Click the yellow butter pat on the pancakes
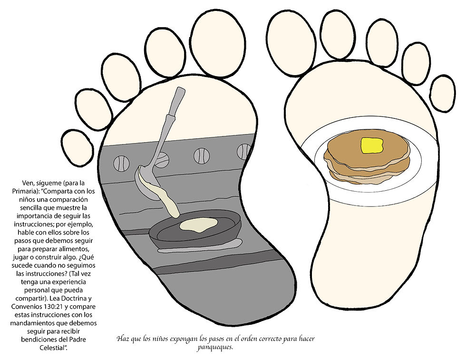[372, 145]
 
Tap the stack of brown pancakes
[367, 164]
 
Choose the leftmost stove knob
[121, 163]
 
